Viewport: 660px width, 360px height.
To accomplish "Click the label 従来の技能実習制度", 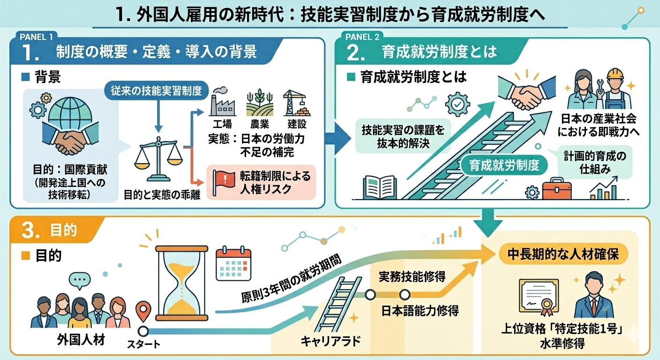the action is point(157,90).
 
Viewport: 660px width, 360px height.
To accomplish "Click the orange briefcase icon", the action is point(556,189).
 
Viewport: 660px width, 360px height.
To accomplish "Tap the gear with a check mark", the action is point(457,104).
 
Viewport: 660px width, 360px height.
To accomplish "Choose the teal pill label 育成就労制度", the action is point(504,165).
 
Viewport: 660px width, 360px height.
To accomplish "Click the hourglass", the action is point(182,283).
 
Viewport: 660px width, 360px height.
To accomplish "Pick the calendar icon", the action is point(233,263).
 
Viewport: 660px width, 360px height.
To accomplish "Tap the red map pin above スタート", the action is point(143,311).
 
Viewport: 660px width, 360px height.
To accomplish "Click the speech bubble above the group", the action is point(80,280).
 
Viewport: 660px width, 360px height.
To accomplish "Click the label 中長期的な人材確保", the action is point(563,254).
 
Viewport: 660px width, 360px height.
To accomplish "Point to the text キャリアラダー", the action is point(330,341).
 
